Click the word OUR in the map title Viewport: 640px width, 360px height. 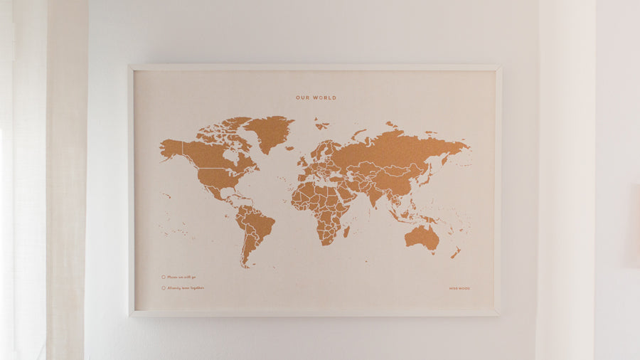tap(304, 97)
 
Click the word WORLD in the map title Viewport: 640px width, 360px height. tap(324, 97)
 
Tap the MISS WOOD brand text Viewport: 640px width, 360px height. tap(459, 288)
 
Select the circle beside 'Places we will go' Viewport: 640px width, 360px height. tap(163, 277)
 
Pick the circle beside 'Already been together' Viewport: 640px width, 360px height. tap(163, 288)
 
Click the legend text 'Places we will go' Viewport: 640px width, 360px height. tap(182, 277)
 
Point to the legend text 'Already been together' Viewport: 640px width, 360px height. tap(186, 288)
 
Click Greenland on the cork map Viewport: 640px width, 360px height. tap(270, 132)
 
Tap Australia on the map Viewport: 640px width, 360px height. tap(422, 237)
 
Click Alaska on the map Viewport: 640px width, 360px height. tap(171, 149)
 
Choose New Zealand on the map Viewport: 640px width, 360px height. tap(456, 253)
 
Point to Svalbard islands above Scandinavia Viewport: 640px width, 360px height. tap(322, 125)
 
